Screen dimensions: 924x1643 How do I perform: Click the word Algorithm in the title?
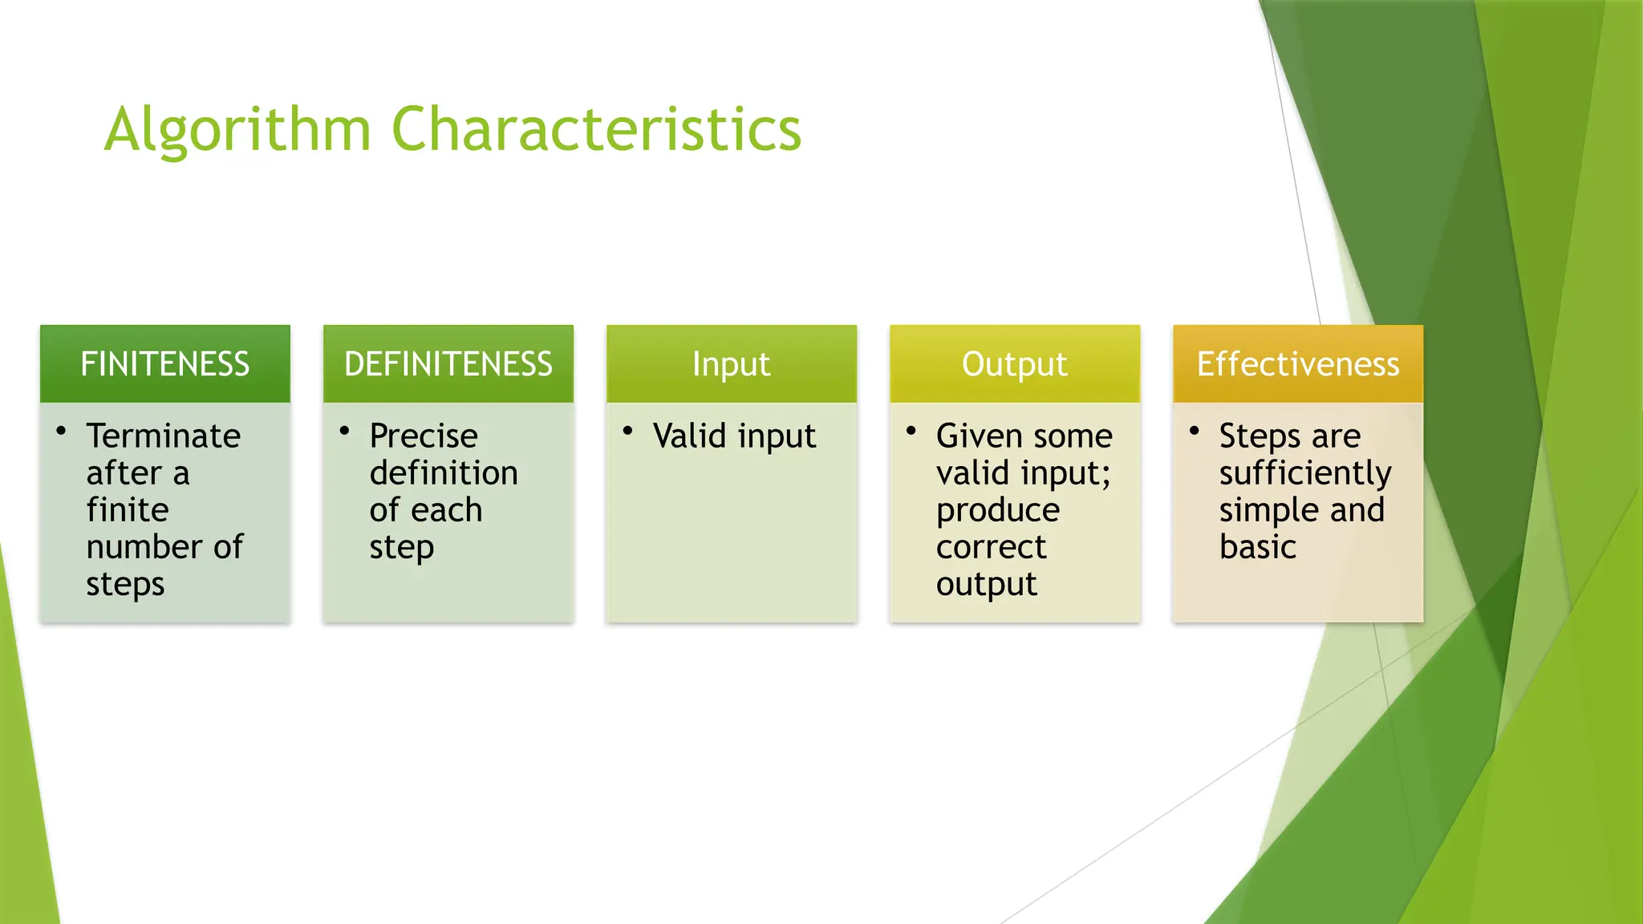tap(237, 130)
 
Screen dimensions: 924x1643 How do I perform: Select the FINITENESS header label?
tap(165, 364)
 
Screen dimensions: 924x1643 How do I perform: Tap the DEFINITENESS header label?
tap(448, 364)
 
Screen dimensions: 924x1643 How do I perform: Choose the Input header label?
tap(731, 364)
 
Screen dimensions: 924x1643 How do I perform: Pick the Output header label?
tap(1014, 364)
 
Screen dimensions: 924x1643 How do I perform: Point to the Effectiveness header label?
tap(1297, 364)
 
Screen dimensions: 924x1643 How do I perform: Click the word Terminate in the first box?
tap(164, 436)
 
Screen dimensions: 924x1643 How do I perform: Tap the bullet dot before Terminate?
tap(61, 432)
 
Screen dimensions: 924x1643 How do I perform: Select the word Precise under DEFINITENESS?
tap(424, 436)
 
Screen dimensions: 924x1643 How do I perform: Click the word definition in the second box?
tap(444, 472)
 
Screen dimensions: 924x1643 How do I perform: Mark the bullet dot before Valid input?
tap(627, 432)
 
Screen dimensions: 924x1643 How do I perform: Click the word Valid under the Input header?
tap(689, 436)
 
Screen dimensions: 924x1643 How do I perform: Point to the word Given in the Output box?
tap(979, 436)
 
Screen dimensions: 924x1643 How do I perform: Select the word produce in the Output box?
tap(998, 511)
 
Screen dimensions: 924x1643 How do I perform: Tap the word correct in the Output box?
tap(991, 547)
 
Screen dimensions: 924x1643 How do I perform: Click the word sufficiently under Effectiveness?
tap(1305, 473)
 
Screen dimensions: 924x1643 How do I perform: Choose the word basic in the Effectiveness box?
tap(1257, 547)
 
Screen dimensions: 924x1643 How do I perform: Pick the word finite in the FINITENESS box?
tap(128, 509)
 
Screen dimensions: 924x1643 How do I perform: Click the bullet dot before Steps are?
tap(1194, 432)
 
